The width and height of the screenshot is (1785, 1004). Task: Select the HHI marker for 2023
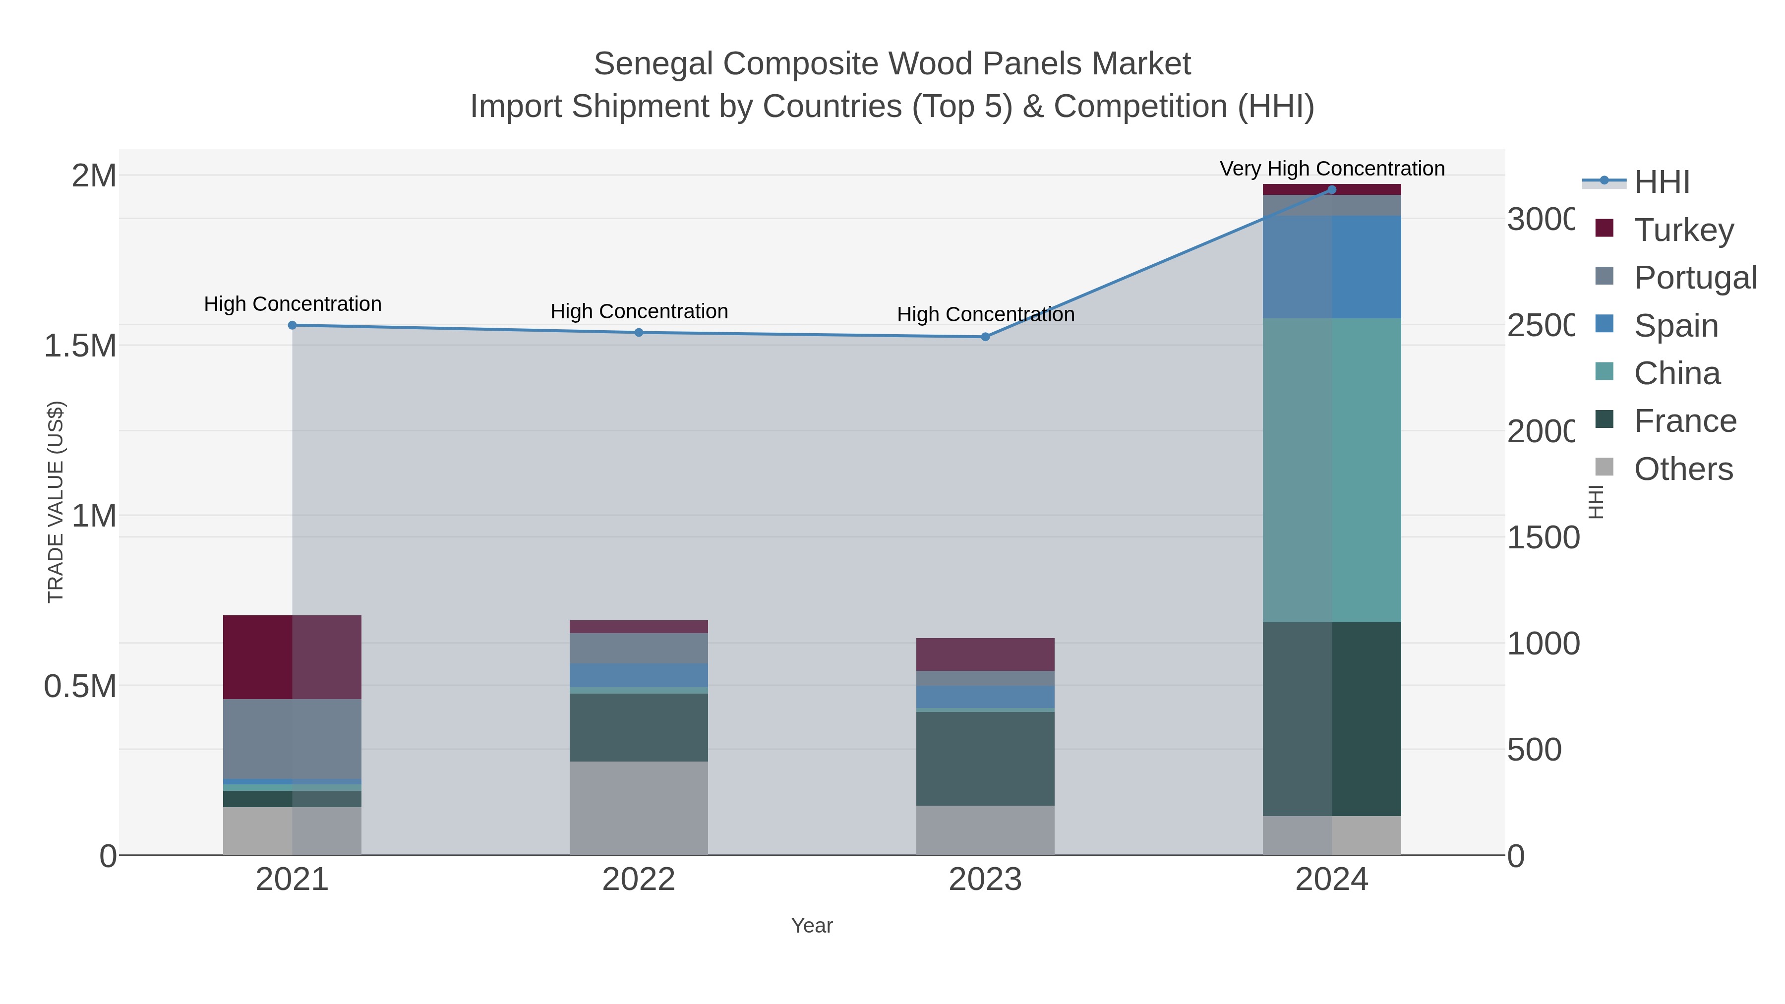click(x=985, y=337)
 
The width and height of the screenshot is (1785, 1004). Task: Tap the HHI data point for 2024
click(x=1331, y=190)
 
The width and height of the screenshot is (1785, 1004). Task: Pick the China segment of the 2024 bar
click(x=1331, y=470)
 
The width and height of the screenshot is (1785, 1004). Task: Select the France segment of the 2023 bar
click(x=985, y=758)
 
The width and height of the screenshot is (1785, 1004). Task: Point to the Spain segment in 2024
click(x=1331, y=267)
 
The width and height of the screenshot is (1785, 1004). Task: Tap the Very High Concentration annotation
click(x=1331, y=169)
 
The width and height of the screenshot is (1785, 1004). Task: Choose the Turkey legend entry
click(x=1683, y=230)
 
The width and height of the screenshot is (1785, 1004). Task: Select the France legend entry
click(x=1684, y=420)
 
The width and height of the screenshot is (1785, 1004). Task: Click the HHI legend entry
click(x=1662, y=181)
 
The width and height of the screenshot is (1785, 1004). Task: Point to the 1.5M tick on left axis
click(x=80, y=345)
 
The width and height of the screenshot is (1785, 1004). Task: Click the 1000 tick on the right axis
click(x=1543, y=643)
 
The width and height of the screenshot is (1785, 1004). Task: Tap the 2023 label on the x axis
click(x=985, y=879)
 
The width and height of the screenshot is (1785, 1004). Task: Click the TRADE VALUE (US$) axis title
click(x=56, y=502)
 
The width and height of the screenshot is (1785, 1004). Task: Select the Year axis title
click(x=811, y=925)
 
